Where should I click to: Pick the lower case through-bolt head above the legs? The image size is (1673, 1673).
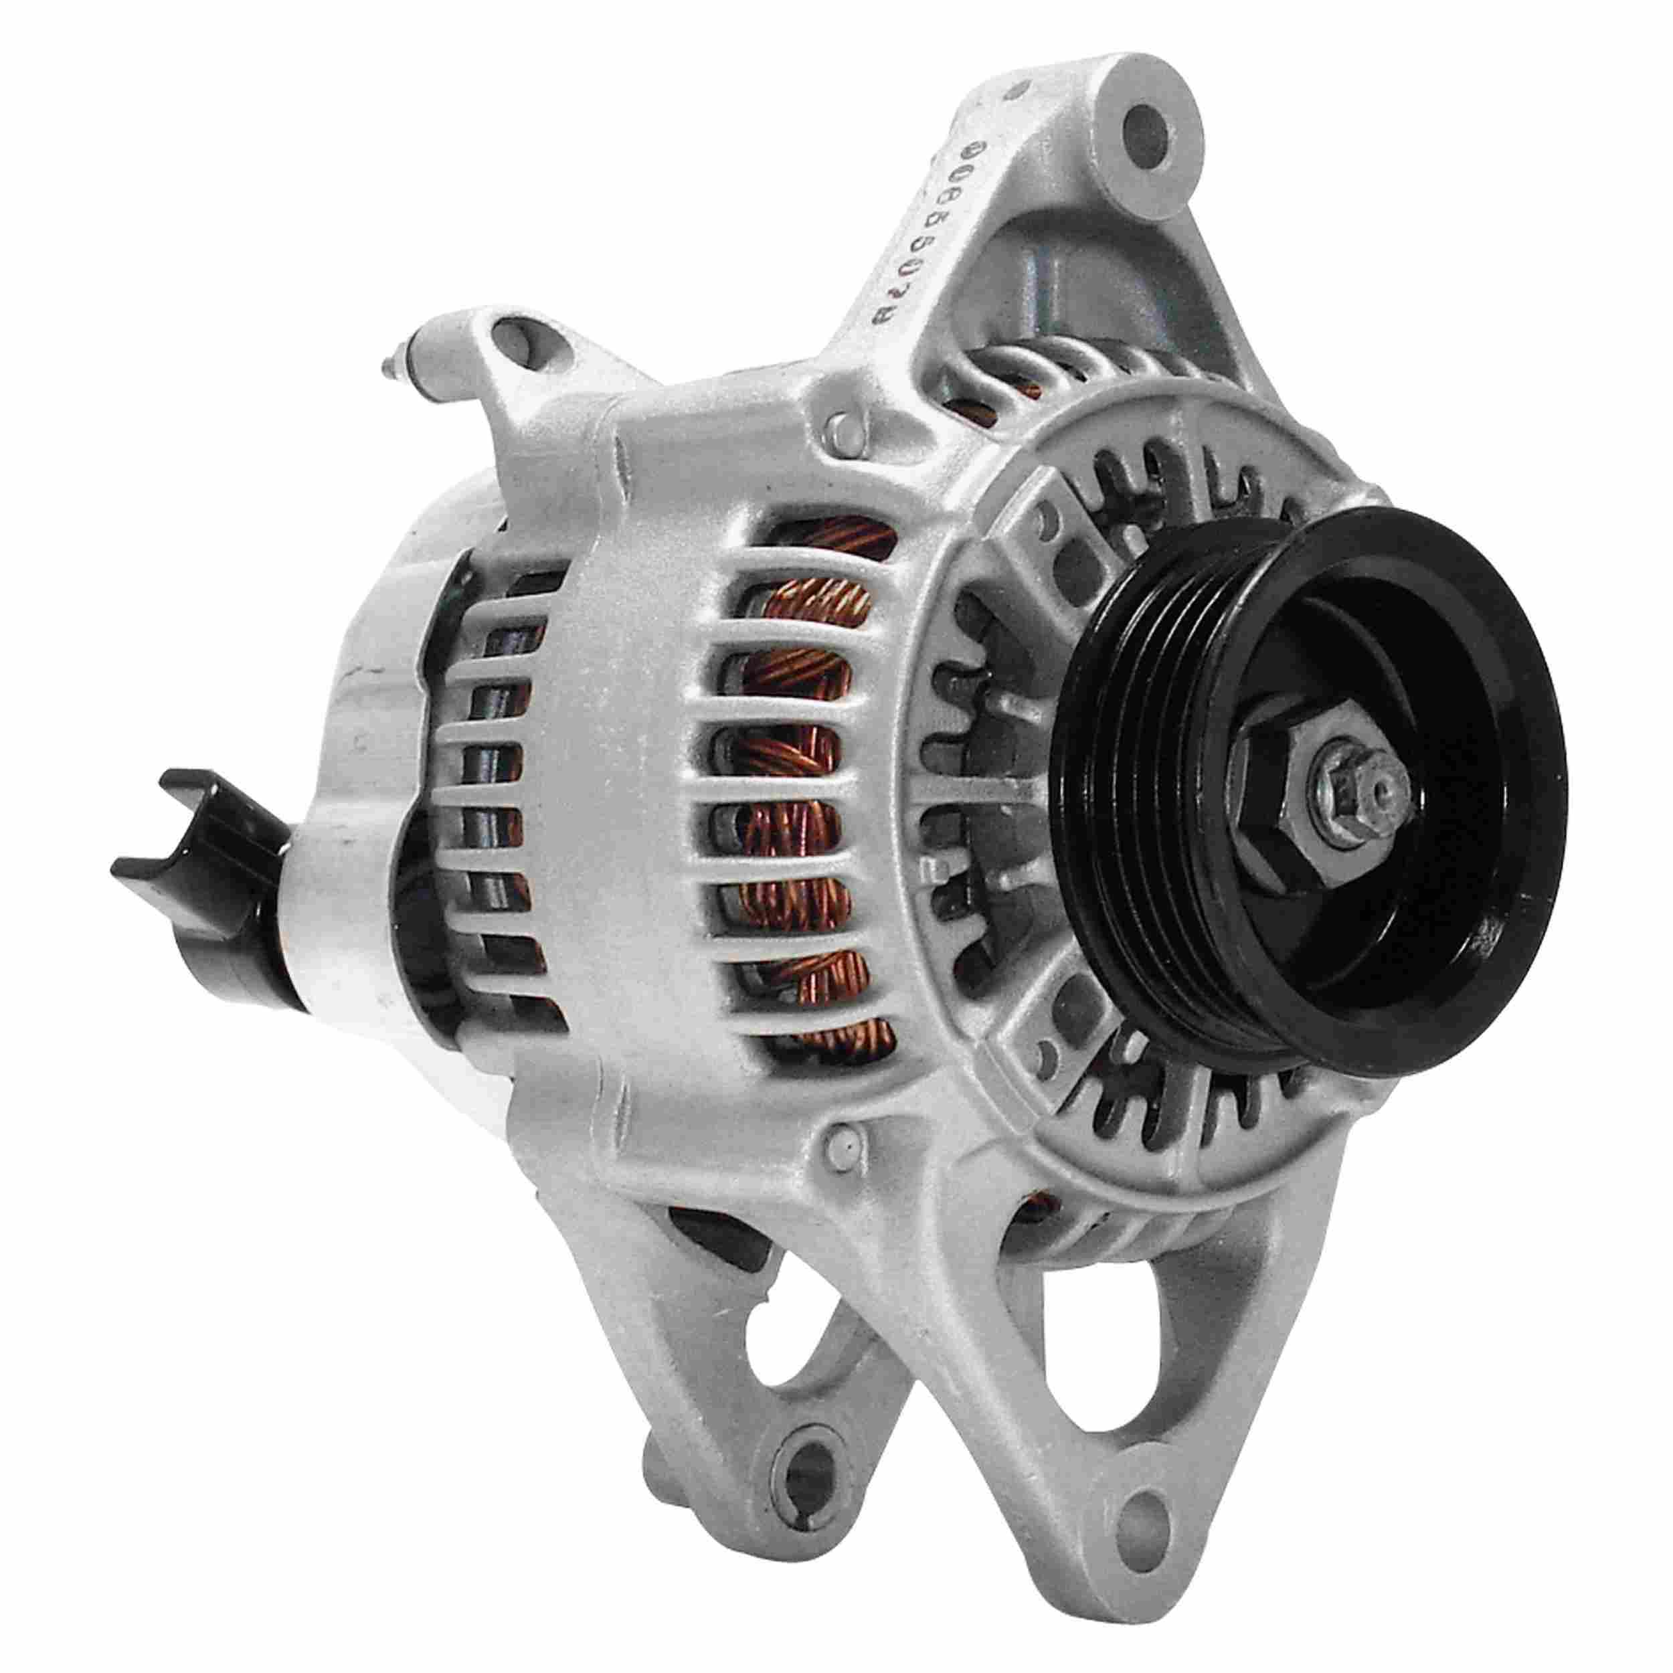[843, 1144]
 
